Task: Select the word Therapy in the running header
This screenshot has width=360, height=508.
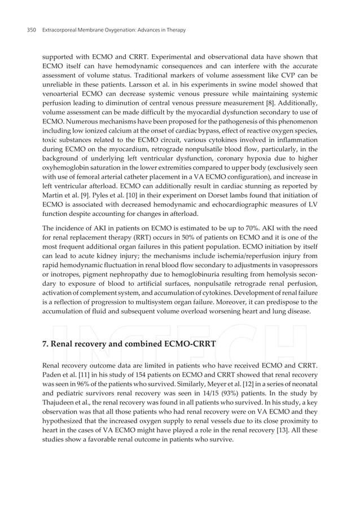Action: tap(174, 29)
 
